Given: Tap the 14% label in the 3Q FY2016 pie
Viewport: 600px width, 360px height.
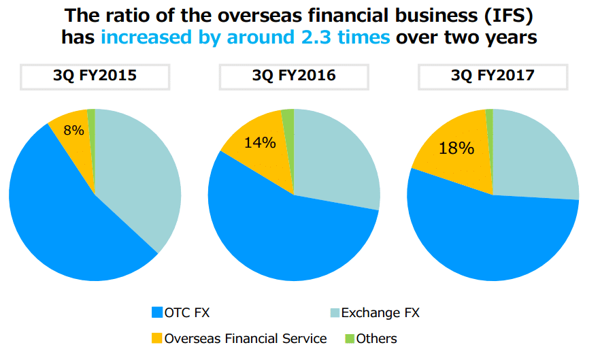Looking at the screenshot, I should tap(260, 142).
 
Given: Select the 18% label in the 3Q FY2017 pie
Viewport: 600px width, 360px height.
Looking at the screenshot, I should tap(456, 148).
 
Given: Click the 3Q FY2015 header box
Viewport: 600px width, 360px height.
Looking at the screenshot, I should tap(95, 76).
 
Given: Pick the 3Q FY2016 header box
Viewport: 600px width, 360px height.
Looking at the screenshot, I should tap(293, 76).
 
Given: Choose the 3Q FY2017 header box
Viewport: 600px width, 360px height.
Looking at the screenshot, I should tap(493, 76).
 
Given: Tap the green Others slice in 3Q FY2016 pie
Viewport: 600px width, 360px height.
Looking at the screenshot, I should tap(288, 117).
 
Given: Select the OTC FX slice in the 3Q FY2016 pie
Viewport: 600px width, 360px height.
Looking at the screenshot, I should tap(286, 238).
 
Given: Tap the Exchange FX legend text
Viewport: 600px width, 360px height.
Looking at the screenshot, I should tap(380, 313).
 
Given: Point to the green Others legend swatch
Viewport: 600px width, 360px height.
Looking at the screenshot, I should tap(350, 338).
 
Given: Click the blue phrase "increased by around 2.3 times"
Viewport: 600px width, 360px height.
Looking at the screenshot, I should tap(246, 37).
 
